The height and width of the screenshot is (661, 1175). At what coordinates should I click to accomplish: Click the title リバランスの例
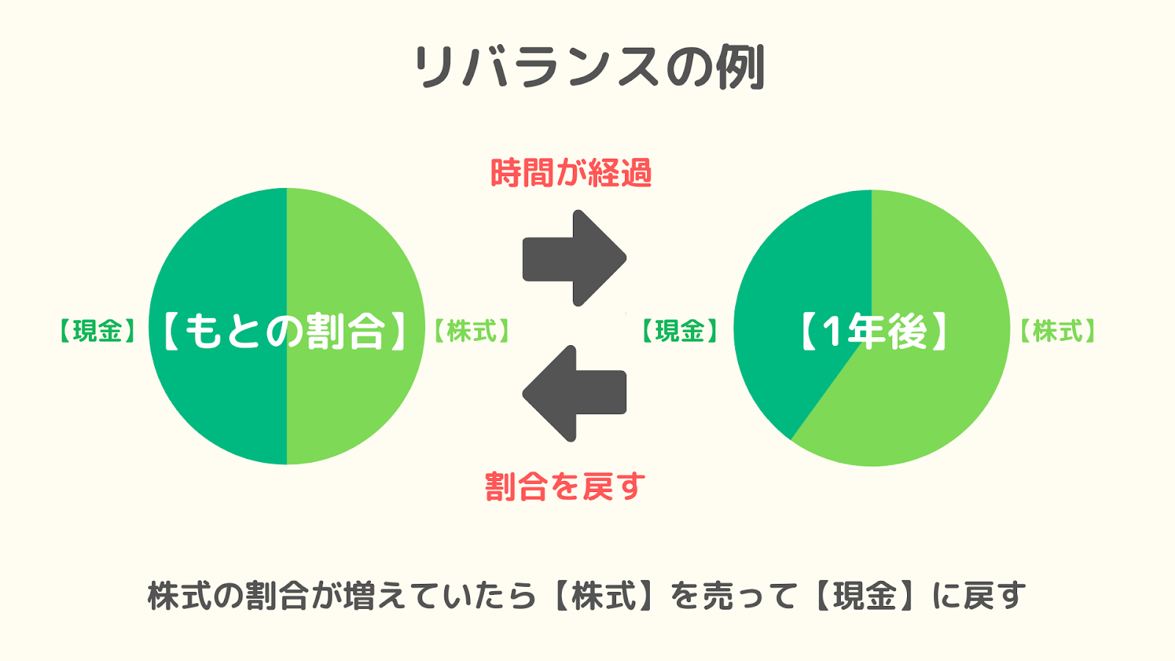point(588,68)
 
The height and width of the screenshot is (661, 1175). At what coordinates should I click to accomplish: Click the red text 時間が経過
point(571,173)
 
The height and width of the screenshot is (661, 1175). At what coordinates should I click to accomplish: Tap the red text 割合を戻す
point(565,485)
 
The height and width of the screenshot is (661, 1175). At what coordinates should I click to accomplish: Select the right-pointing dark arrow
point(574,258)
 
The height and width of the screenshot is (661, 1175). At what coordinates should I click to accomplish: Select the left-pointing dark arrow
point(574,394)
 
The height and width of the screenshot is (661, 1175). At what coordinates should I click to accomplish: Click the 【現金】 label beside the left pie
point(98,331)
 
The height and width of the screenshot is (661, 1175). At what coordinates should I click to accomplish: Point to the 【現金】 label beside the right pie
point(680,331)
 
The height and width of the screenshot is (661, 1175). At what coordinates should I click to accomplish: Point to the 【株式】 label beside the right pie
point(1057,331)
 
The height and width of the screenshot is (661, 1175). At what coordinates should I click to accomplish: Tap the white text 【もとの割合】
point(286,331)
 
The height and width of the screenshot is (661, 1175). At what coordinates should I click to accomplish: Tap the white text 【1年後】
point(873,331)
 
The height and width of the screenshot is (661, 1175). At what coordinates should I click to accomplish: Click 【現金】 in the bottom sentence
point(866,596)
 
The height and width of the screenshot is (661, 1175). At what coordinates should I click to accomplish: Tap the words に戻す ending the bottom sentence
point(979,596)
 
